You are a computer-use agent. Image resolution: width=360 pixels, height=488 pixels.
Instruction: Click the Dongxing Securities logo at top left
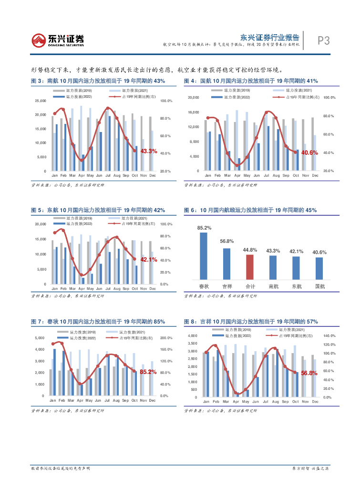pos(57,40)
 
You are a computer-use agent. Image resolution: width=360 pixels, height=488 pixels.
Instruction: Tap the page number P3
pos(324,41)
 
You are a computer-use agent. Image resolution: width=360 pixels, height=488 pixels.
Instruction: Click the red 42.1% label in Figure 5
pos(148,259)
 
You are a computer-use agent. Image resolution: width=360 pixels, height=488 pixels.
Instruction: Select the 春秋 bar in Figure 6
pos(204,255)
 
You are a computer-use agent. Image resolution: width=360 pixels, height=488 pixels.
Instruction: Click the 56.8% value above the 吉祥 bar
pos(226,242)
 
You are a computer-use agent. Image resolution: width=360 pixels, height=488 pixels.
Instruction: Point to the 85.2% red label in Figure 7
pos(148,372)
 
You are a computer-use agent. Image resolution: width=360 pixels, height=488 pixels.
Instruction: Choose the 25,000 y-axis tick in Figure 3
pos(41,101)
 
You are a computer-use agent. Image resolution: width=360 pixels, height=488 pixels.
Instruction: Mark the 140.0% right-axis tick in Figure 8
pos(329,336)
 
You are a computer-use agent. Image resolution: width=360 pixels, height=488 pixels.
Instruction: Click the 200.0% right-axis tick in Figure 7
pos(166,338)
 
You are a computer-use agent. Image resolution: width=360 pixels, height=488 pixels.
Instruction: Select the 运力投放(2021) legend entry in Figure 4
pos(293,91)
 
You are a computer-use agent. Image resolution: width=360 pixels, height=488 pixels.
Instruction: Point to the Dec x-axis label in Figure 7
pos(152,401)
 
